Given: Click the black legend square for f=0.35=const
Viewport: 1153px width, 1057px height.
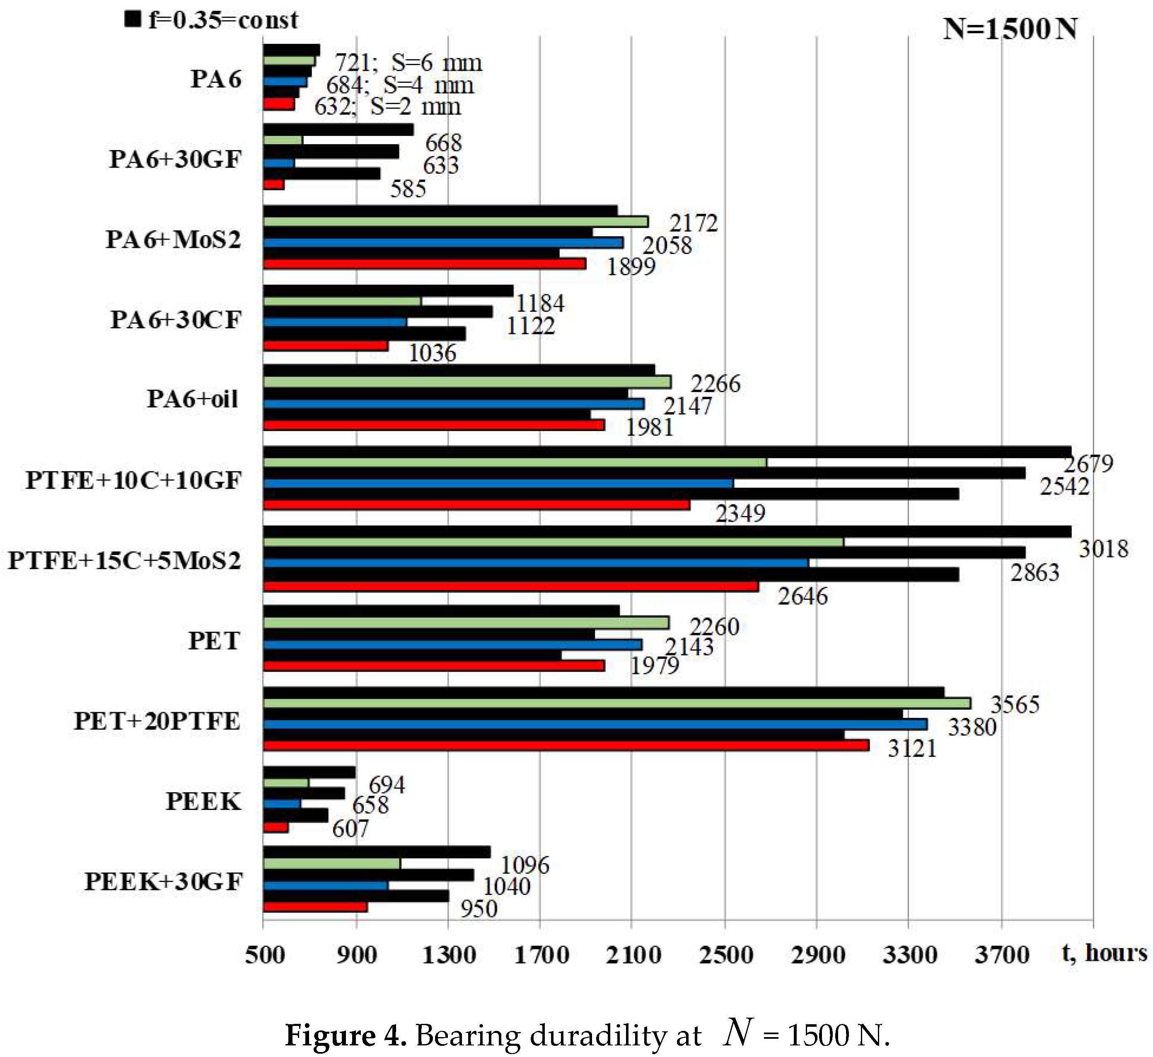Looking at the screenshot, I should tap(133, 19).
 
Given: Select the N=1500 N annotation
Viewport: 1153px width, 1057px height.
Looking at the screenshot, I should tap(1010, 29).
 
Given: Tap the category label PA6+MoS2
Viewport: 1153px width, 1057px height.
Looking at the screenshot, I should tap(173, 239).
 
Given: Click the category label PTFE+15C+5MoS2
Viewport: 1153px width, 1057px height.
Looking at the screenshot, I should tap(124, 560).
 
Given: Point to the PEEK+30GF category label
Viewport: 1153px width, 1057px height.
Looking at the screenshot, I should tap(164, 881).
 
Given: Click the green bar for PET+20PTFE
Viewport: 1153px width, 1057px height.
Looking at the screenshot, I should tap(616, 703).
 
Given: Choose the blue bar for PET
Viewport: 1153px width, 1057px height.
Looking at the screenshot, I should tap(452, 645).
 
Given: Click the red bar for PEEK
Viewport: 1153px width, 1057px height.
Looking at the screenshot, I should tap(276, 827).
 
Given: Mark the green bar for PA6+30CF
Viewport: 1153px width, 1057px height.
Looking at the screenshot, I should tap(342, 301).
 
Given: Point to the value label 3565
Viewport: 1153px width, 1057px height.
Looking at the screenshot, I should tap(1014, 705).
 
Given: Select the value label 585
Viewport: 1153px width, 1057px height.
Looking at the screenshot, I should tap(408, 188).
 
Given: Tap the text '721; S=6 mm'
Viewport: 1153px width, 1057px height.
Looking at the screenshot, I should tap(408, 62).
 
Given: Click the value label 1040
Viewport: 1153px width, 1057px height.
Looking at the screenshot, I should tap(506, 887).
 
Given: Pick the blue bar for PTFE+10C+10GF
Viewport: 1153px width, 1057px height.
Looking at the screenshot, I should tap(498, 483).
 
